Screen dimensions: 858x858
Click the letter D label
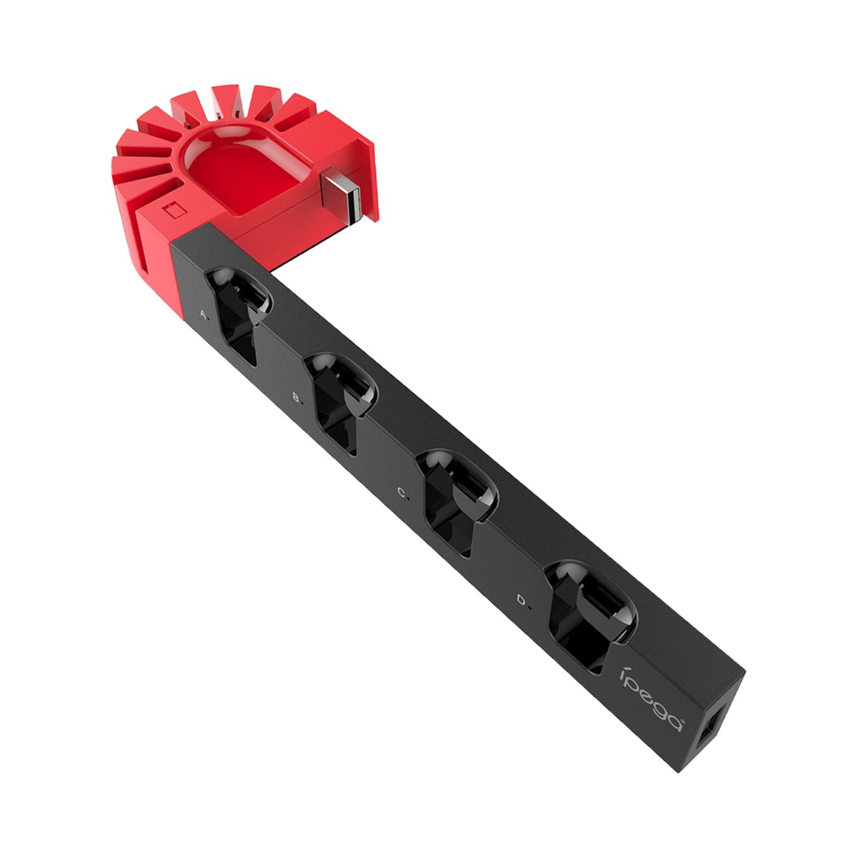click(521, 600)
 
